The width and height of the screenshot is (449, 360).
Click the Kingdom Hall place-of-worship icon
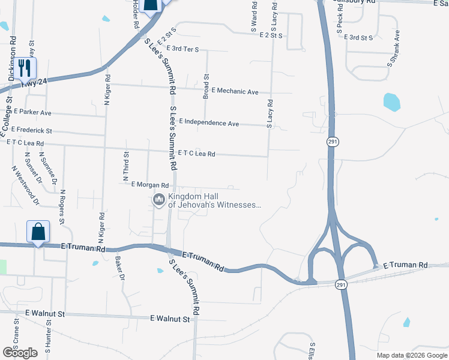pyautogui.click(x=159, y=200)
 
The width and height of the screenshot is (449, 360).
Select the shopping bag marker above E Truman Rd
pyautogui.click(x=38, y=232)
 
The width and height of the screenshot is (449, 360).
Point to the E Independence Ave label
pyautogui.click(x=208, y=123)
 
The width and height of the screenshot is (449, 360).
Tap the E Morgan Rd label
pyautogui.click(x=149, y=185)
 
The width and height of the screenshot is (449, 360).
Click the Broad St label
pyautogui.click(x=205, y=86)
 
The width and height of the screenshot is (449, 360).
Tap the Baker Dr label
pyautogui.click(x=119, y=268)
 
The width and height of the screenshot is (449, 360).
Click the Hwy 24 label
pyautogui.click(x=34, y=85)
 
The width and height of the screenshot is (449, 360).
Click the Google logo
pyautogui.click(x=20, y=353)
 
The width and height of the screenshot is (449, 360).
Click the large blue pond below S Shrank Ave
pyautogui.click(x=391, y=101)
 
